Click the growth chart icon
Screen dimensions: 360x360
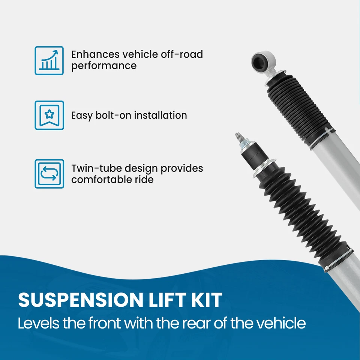click(49, 60)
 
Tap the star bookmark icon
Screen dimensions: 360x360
click(49, 115)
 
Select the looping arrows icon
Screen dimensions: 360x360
click(49, 174)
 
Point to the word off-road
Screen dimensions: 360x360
click(182, 54)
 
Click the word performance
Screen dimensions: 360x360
click(104, 66)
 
